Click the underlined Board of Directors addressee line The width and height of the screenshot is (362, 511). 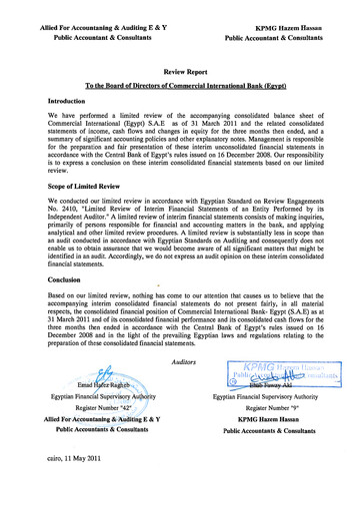click(x=182, y=88)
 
